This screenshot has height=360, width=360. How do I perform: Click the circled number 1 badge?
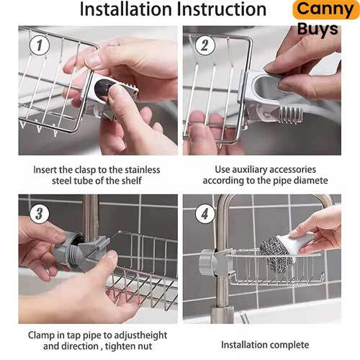click(40, 45)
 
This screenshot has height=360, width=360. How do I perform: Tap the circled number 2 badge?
click(204, 45)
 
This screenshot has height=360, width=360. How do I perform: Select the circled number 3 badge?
click(40, 213)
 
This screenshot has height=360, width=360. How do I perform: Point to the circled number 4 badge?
click(204, 213)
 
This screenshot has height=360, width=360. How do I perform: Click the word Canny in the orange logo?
click(325, 9)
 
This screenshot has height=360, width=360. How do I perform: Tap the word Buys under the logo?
click(318, 29)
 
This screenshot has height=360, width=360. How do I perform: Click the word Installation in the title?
click(126, 9)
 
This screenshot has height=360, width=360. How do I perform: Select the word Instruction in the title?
click(222, 9)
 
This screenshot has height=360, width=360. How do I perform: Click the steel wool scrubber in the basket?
click(276, 254)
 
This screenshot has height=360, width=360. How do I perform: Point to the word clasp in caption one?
click(85, 170)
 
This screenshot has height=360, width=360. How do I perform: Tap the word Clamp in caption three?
click(41, 335)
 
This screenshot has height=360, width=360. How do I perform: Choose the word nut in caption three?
click(145, 346)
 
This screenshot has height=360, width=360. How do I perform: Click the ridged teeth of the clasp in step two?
click(291, 115)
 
